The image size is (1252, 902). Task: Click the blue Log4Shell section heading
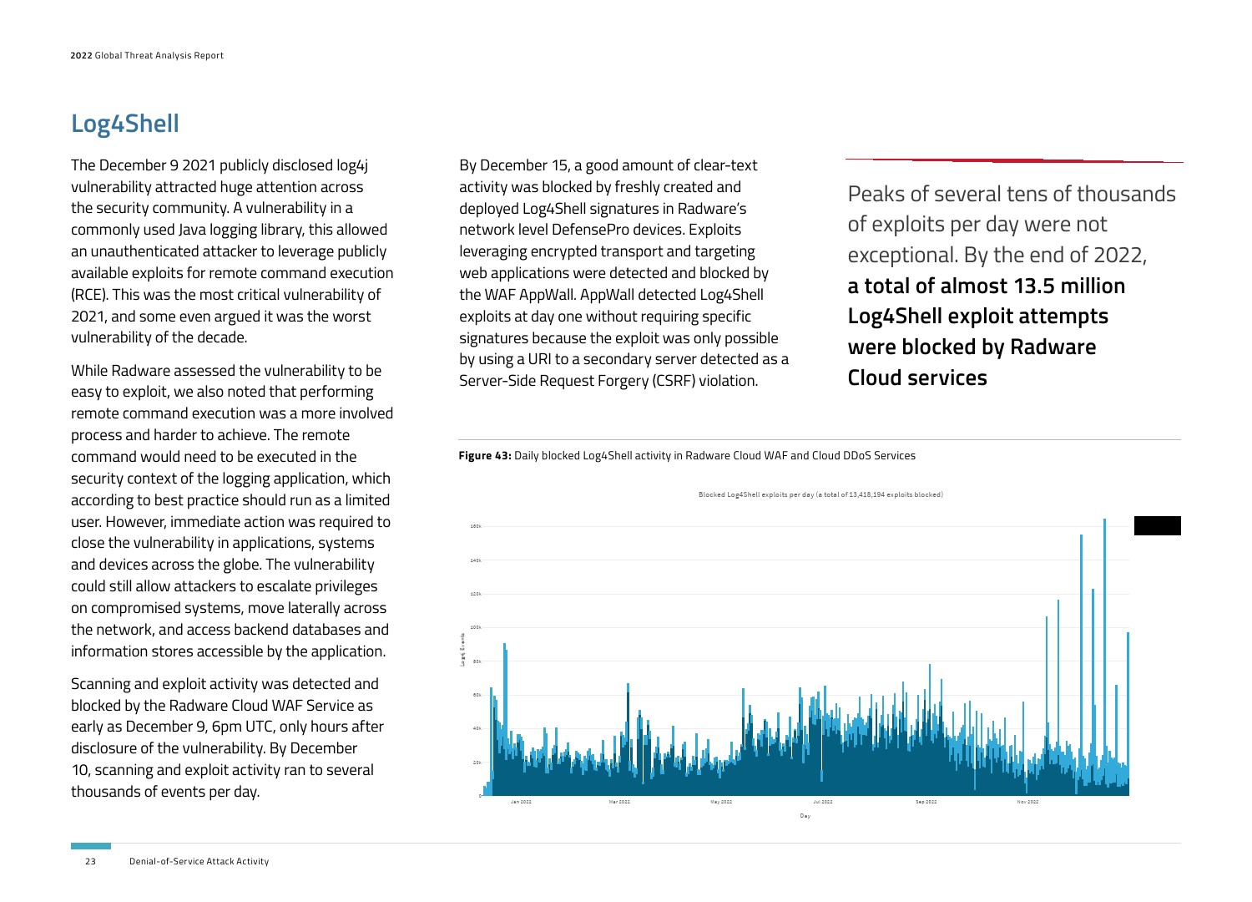[124, 124]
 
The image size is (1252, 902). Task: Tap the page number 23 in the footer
[90, 861]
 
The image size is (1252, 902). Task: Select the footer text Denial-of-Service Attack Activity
[199, 861]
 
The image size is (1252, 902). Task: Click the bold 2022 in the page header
[81, 56]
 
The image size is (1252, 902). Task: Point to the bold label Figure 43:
[485, 456]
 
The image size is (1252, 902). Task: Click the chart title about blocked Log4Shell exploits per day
[820, 494]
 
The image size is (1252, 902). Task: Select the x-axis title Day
[805, 816]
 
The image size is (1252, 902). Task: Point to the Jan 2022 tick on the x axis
[521, 802]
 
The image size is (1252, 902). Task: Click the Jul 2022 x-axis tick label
[822, 802]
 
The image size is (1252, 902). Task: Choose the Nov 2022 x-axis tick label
[1027, 802]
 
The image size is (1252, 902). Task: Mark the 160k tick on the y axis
[476, 527]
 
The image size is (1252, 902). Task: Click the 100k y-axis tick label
[476, 627]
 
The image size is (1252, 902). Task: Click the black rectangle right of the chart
[1157, 525]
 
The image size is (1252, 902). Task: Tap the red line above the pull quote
[1014, 160]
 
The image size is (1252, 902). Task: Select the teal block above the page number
[90, 846]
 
